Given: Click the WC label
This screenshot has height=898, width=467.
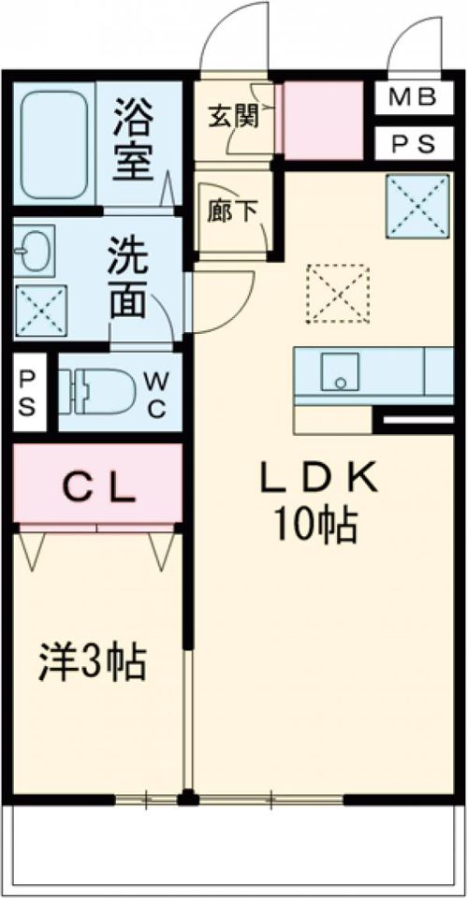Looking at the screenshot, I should pyautogui.click(x=156, y=393).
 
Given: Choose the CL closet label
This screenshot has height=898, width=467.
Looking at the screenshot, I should pyautogui.click(x=97, y=486).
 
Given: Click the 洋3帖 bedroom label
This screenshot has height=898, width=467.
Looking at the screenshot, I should pyautogui.click(x=92, y=662).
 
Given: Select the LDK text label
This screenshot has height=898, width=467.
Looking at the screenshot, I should pyautogui.click(x=317, y=480).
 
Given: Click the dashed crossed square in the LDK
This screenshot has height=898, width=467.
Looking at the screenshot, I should pyautogui.click(x=338, y=293).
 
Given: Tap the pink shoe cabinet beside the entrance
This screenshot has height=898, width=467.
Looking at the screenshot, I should pyautogui.click(x=323, y=120).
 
